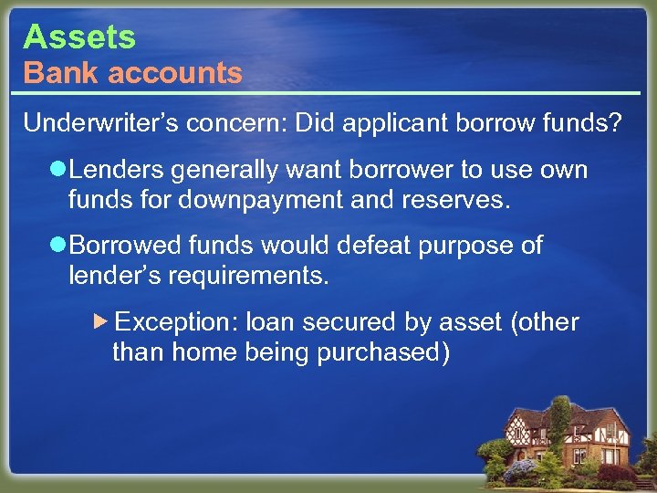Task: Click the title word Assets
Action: (x=79, y=37)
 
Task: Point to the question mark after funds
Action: (x=617, y=123)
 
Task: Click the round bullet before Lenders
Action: (x=57, y=171)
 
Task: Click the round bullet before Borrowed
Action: (x=57, y=246)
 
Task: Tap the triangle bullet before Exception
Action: (x=102, y=321)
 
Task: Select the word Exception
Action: (x=177, y=322)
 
